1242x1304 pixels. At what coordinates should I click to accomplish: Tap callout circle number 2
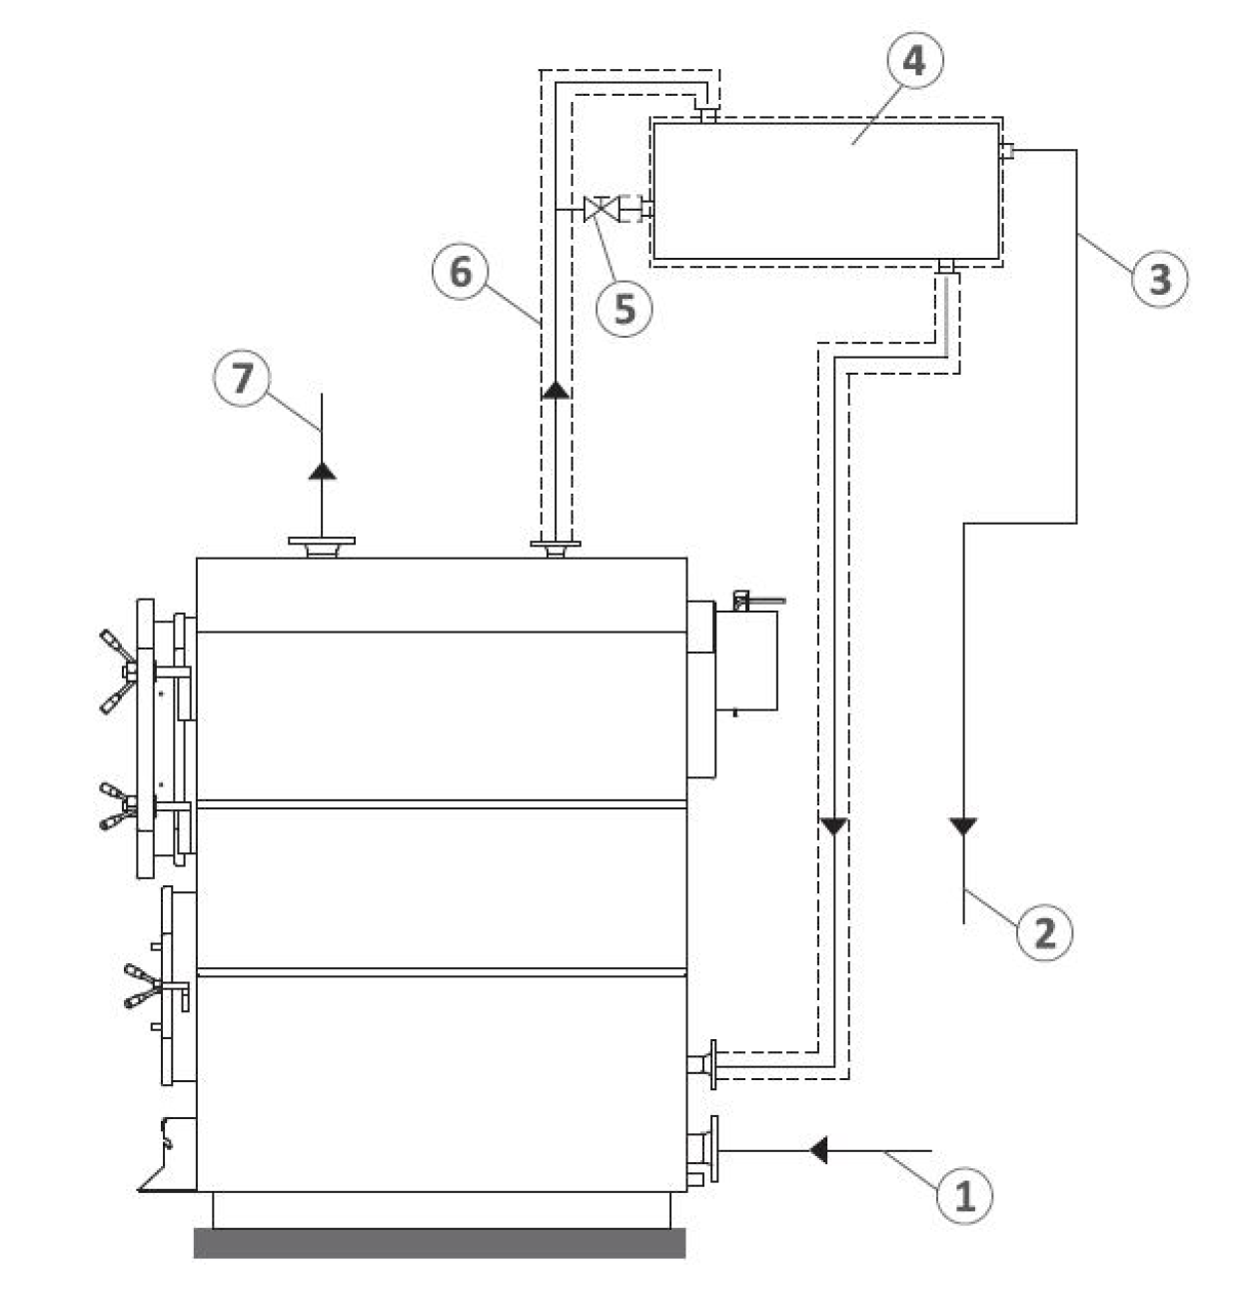click(x=1044, y=933)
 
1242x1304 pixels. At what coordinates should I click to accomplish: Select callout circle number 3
click(x=1159, y=279)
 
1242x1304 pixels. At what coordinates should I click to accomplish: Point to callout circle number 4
click(x=915, y=60)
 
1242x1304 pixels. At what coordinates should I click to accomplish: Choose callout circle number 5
click(x=623, y=309)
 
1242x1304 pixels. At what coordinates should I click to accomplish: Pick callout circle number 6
click(x=460, y=271)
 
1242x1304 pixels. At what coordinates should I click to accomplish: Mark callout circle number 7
click(x=242, y=378)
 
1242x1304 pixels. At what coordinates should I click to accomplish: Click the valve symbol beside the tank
click(x=601, y=209)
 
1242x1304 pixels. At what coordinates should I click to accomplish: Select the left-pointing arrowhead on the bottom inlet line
click(x=818, y=1149)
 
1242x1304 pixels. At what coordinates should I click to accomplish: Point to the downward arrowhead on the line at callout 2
click(x=962, y=826)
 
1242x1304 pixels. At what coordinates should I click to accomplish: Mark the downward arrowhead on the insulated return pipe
click(x=833, y=826)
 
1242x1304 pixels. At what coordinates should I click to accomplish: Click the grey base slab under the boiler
click(x=440, y=1243)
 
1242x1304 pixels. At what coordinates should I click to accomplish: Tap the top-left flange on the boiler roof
click(x=322, y=547)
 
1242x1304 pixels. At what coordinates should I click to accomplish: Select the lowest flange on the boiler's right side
click(x=702, y=1149)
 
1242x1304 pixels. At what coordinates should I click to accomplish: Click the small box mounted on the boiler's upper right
click(x=746, y=659)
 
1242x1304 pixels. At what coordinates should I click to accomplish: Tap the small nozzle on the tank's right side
click(x=1006, y=151)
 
